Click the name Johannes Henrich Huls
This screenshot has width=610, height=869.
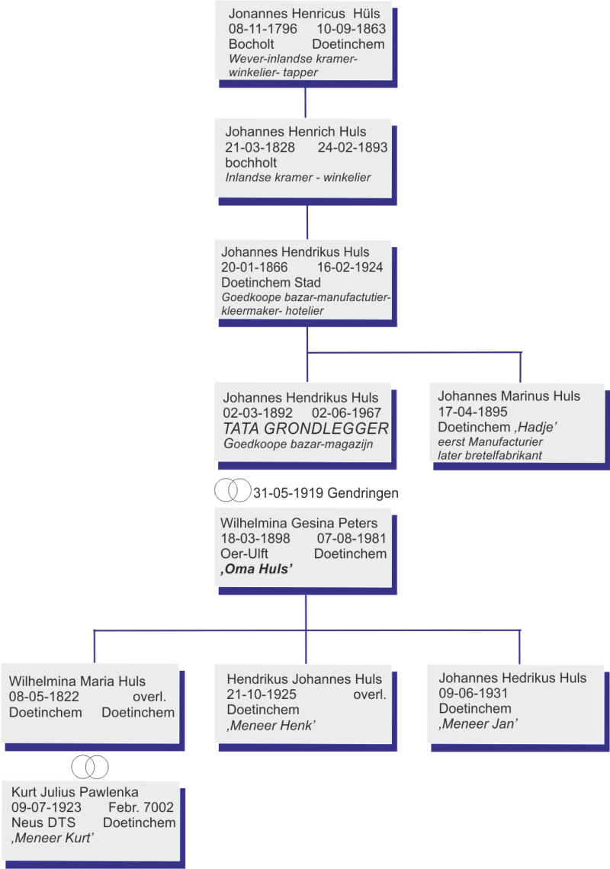(295, 132)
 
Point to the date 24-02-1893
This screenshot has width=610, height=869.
(352, 147)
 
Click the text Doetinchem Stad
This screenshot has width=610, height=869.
(271, 282)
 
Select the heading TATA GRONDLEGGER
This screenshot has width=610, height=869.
(306, 428)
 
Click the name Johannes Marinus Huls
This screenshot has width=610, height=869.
(509, 396)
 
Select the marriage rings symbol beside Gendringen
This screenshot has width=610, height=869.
(232, 489)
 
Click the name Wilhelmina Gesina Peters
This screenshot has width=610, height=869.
(299, 524)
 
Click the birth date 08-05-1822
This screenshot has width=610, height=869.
(44, 697)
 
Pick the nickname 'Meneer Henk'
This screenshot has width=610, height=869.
(271, 726)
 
